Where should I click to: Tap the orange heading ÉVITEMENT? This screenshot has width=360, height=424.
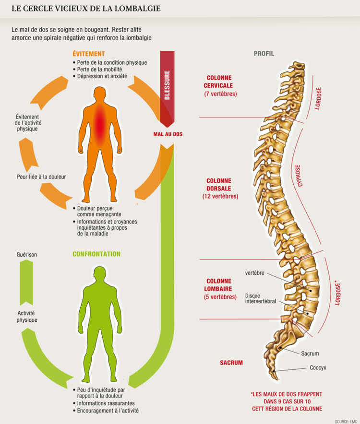[x=89, y=54]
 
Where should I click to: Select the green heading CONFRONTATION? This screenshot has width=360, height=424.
[x=96, y=254]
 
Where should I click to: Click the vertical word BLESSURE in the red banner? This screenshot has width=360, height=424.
[x=167, y=85]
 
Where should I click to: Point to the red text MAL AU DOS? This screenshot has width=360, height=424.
[x=164, y=134]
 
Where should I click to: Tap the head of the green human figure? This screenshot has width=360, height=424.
[x=100, y=274]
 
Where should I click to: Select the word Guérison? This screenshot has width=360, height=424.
[x=26, y=254]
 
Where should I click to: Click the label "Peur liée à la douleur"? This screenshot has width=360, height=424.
[x=41, y=177]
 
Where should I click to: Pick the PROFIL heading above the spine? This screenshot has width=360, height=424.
[x=264, y=54]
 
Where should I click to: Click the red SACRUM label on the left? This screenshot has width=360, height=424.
[x=231, y=363]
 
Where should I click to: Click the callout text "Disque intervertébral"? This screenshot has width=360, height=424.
[x=260, y=298]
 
